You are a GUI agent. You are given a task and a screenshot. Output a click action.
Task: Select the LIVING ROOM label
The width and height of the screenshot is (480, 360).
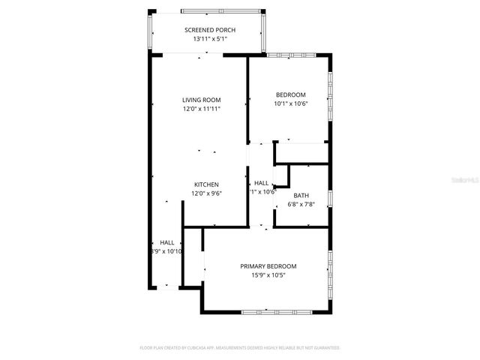pos(201,100)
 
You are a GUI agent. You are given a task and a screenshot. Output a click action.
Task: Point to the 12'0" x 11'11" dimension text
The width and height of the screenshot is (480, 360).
pos(201,109)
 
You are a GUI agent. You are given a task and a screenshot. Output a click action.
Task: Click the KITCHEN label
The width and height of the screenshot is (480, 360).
pos(206,184)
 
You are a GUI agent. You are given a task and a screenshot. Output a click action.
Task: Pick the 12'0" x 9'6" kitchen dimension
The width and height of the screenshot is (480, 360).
pos(206,193)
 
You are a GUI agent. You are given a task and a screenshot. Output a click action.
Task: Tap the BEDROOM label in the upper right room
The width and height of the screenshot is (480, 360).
pos(290,94)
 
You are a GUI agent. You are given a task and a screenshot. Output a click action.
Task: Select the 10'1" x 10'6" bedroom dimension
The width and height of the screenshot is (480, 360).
pos(290,103)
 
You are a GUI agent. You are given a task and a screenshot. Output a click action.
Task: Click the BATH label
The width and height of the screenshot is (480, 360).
pos(301,195)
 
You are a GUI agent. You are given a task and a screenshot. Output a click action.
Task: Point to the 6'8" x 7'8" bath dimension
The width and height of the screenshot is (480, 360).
pos(301,203)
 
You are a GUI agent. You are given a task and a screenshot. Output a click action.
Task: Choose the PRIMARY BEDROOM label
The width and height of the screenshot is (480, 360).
pos(268,266)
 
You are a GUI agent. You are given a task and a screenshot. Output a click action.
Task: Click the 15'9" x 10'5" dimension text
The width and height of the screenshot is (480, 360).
pos(268,275)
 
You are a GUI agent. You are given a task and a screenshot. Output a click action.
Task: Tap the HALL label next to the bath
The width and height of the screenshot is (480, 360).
pos(261,183)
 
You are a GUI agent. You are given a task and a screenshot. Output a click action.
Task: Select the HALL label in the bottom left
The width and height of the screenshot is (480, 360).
pos(166,242)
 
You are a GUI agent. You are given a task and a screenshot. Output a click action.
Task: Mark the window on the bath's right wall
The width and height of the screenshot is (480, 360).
pos(329,199)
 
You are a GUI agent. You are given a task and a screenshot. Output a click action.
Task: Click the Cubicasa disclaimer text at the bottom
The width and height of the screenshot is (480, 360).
pos(240,348)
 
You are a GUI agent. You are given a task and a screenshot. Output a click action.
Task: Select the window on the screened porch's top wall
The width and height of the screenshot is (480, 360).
pos(221,11)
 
